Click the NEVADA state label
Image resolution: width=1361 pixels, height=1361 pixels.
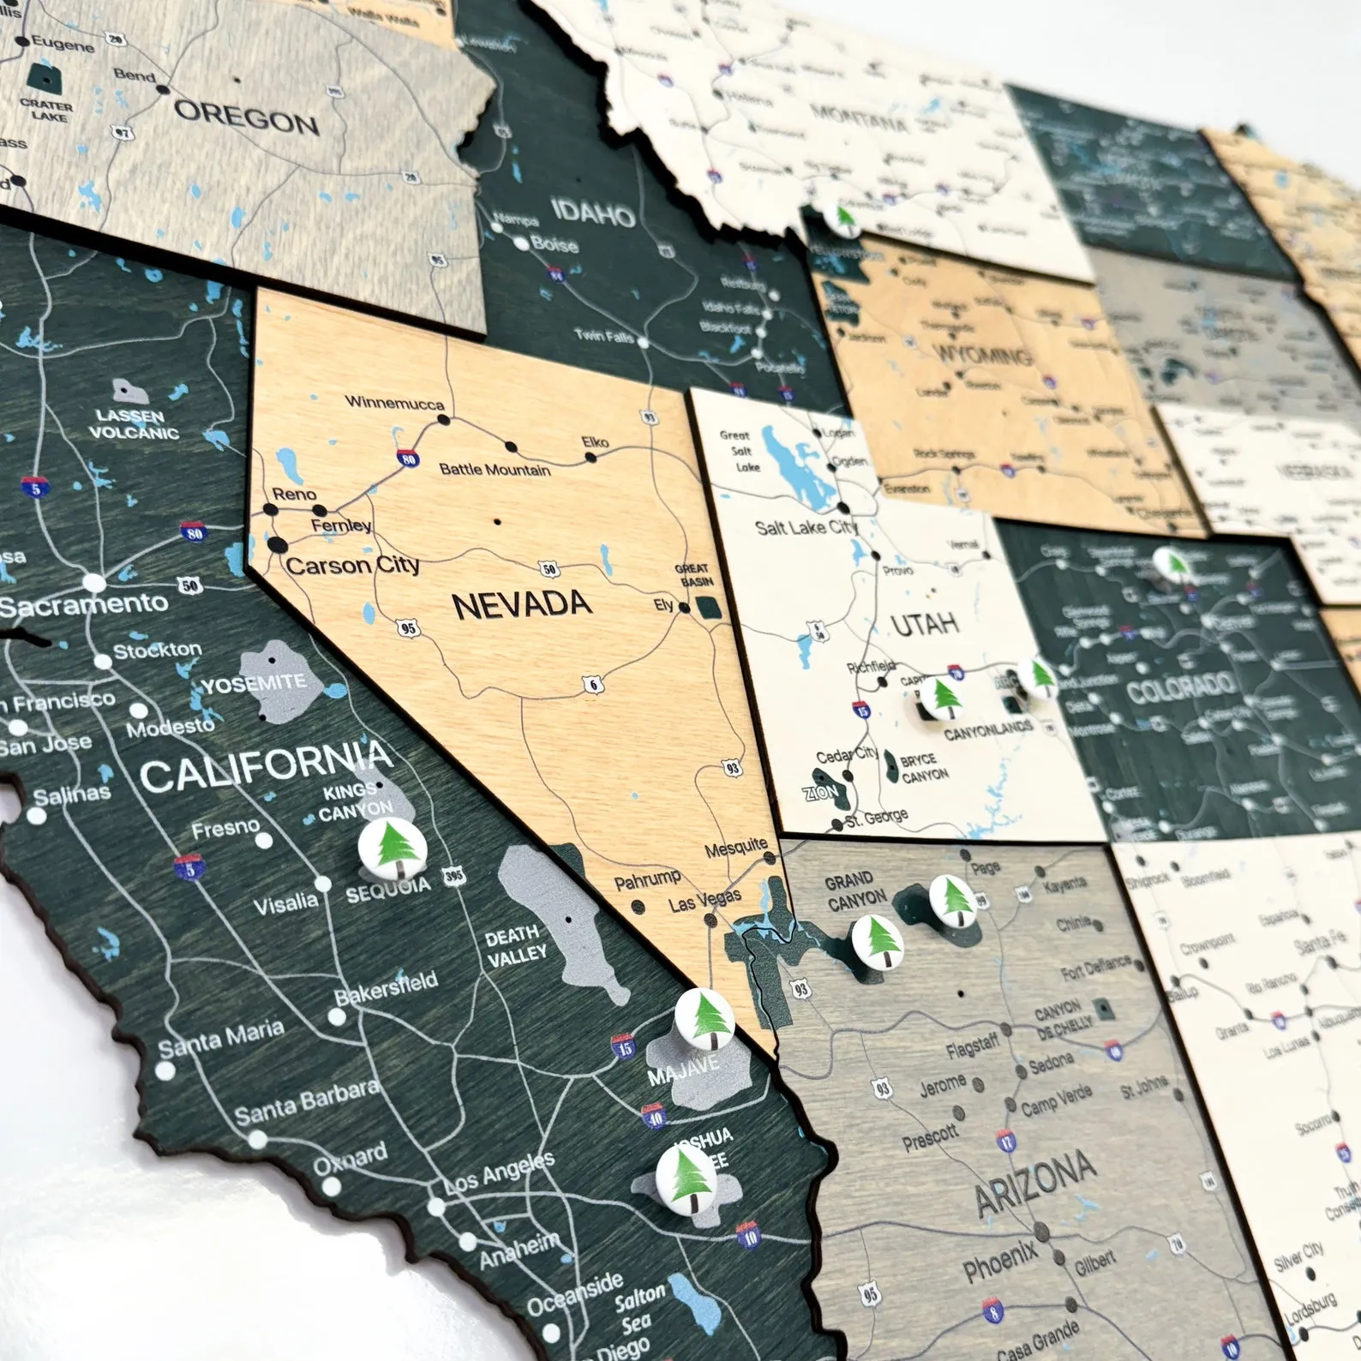[x=521, y=605]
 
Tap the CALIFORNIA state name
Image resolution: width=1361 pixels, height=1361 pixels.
[x=266, y=766]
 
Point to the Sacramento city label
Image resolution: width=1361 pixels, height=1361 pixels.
[x=84, y=605]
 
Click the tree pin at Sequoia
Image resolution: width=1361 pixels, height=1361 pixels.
[x=392, y=847]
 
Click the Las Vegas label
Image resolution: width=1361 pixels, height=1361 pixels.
[x=704, y=901]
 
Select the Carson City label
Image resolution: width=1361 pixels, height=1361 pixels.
[x=352, y=566]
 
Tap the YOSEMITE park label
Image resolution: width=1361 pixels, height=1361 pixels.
[x=254, y=684]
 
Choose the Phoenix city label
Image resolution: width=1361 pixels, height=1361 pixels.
[x=999, y=1262]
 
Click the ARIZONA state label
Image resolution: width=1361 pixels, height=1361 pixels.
[x=1035, y=1183]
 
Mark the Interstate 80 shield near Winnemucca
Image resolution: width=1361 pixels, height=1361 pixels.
[x=408, y=459]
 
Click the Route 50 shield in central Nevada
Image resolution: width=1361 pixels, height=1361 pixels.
[x=549, y=569]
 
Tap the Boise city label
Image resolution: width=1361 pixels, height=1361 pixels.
[x=555, y=244]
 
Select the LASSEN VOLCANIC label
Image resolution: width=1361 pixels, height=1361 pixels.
[x=134, y=424]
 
